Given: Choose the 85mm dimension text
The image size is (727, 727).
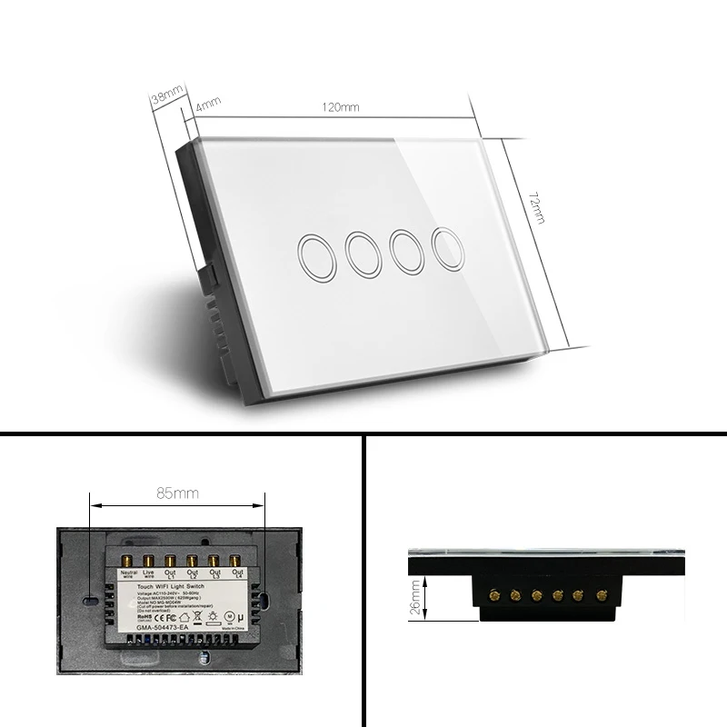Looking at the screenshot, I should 176,494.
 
